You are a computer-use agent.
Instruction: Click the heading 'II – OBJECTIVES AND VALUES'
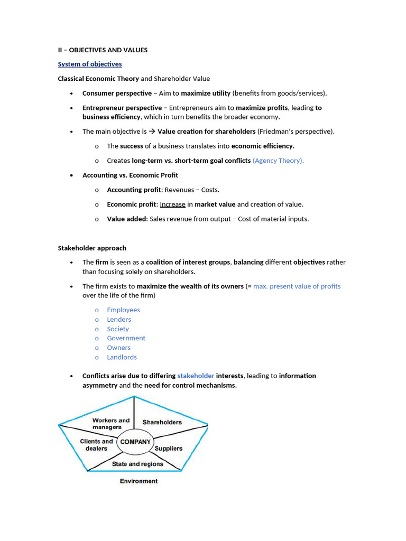click(103, 50)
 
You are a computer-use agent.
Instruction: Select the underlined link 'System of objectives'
click(89, 64)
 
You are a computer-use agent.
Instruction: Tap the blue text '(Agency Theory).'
click(278, 161)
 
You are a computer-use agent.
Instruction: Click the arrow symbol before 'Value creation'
click(152, 132)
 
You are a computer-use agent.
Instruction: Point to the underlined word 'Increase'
click(172, 204)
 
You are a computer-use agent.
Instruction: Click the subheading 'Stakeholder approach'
click(91, 248)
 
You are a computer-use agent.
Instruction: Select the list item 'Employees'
click(123, 310)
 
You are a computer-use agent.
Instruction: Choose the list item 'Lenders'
click(118, 320)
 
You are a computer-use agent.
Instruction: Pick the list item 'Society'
click(117, 329)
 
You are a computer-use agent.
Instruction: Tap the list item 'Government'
click(126, 338)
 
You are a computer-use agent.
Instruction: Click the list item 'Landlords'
click(122, 357)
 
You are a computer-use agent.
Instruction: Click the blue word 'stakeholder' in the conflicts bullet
click(196, 376)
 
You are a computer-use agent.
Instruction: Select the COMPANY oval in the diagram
click(135, 442)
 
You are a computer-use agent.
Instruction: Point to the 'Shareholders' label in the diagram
click(162, 422)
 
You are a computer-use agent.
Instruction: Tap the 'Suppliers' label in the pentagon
click(168, 449)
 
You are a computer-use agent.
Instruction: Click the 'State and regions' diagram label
click(137, 464)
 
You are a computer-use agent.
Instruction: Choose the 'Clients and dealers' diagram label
click(96, 445)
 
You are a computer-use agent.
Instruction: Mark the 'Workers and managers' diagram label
click(110, 424)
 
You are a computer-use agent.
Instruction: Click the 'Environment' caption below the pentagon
click(139, 481)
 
